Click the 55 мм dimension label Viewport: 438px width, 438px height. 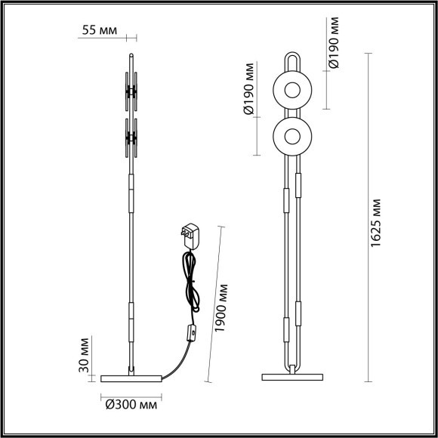point(99,31)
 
